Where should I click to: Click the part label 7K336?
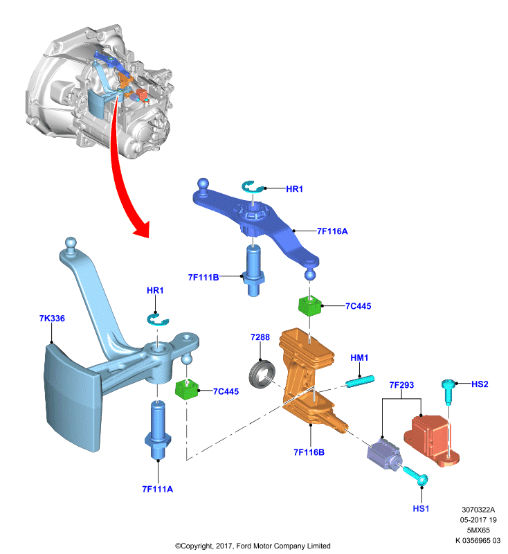(52, 318)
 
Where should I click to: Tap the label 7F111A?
(157, 489)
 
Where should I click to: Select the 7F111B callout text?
(203, 278)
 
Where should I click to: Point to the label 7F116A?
(332, 231)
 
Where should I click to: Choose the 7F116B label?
(309, 452)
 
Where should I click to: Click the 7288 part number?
(260, 337)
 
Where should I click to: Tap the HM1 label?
(359, 357)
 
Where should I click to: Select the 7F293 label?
(401, 385)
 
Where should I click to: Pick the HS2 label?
(480, 384)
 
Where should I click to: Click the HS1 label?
(421, 508)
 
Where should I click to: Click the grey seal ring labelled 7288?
(262, 373)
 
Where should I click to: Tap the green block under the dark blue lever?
(310, 305)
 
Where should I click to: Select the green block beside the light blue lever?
(187, 388)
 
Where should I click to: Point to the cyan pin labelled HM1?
(360, 382)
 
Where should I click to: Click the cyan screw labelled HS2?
(448, 392)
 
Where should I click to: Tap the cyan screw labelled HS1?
(416, 476)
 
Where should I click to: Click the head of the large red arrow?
(142, 229)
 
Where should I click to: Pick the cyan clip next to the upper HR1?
(253, 187)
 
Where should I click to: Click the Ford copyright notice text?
(253, 546)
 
